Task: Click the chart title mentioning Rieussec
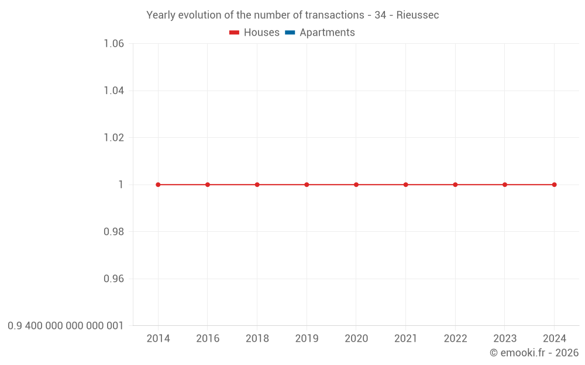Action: [x=292, y=15]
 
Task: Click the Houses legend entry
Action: [x=254, y=33]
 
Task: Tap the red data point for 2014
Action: [x=158, y=185]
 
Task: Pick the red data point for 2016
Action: [x=208, y=185]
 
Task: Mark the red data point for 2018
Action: [x=257, y=185]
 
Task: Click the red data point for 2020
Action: [x=356, y=185]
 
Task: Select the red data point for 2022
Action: [x=455, y=185]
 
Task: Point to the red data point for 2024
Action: [x=555, y=185]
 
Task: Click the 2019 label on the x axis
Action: [x=307, y=339]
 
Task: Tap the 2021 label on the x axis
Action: [x=405, y=339]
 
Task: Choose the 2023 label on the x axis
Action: [x=505, y=339]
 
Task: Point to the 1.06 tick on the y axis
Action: [x=113, y=44]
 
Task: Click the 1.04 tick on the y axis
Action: [x=113, y=91]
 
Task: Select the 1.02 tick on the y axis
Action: [x=113, y=138]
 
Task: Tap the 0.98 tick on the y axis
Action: [x=113, y=232]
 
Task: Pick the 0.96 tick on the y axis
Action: [x=113, y=279]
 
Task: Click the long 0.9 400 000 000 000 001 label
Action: [x=66, y=326]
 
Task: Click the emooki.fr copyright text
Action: [x=534, y=353]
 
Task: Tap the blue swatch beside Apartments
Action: [x=290, y=33]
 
